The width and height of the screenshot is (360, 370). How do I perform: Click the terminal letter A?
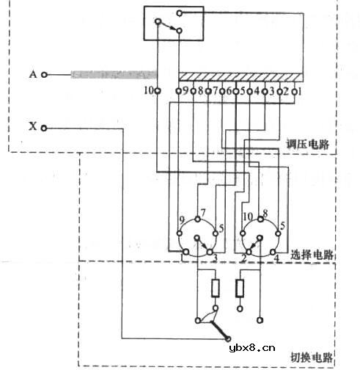32,74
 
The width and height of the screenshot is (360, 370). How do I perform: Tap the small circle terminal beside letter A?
45,74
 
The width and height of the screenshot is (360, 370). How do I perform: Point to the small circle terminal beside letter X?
45,128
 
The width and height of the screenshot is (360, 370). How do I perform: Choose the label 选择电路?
312,255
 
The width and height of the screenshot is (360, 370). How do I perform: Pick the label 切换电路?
311,358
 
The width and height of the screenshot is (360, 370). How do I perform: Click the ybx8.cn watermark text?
252,349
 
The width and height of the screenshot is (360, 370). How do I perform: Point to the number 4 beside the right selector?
276,258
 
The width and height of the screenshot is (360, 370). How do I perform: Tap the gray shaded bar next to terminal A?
114,75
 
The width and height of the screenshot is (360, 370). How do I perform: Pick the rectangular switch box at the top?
170,23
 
